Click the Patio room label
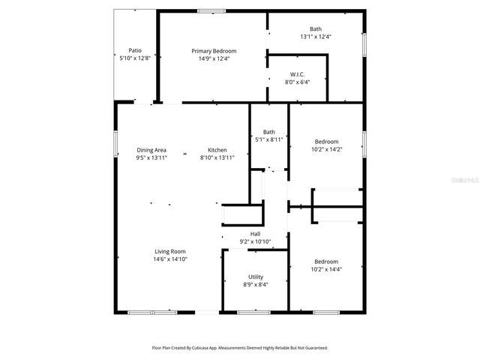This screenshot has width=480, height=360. pyautogui.click(x=135, y=50)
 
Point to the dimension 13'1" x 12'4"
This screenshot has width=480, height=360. pyautogui.click(x=315, y=36)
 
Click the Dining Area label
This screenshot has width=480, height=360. pyautogui.click(x=151, y=150)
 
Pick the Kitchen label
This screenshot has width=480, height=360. pyautogui.click(x=217, y=150)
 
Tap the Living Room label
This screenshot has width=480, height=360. pyautogui.click(x=170, y=251)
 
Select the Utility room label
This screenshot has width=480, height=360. pyautogui.click(x=256, y=277)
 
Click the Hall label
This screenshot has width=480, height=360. pyautogui.click(x=255, y=234)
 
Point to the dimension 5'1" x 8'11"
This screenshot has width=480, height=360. pyautogui.click(x=268, y=139)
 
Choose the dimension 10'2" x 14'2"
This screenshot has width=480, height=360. pyautogui.click(x=326, y=149)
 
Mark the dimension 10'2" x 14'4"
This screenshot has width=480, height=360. pyautogui.click(x=326, y=269)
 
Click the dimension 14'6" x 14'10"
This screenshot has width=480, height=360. pyautogui.click(x=170, y=259)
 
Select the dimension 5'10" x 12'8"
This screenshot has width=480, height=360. pyautogui.click(x=135, y=58)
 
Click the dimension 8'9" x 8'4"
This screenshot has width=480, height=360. pyautogui.click(x=256, y=284)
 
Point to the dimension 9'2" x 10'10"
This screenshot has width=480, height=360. pyautogui.click(x=255, y=241)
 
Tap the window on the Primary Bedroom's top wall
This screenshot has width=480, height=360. pyautogui.click(x=211, y=10)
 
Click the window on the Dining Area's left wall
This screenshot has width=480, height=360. pyautogui.click(x=115, y=142)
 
